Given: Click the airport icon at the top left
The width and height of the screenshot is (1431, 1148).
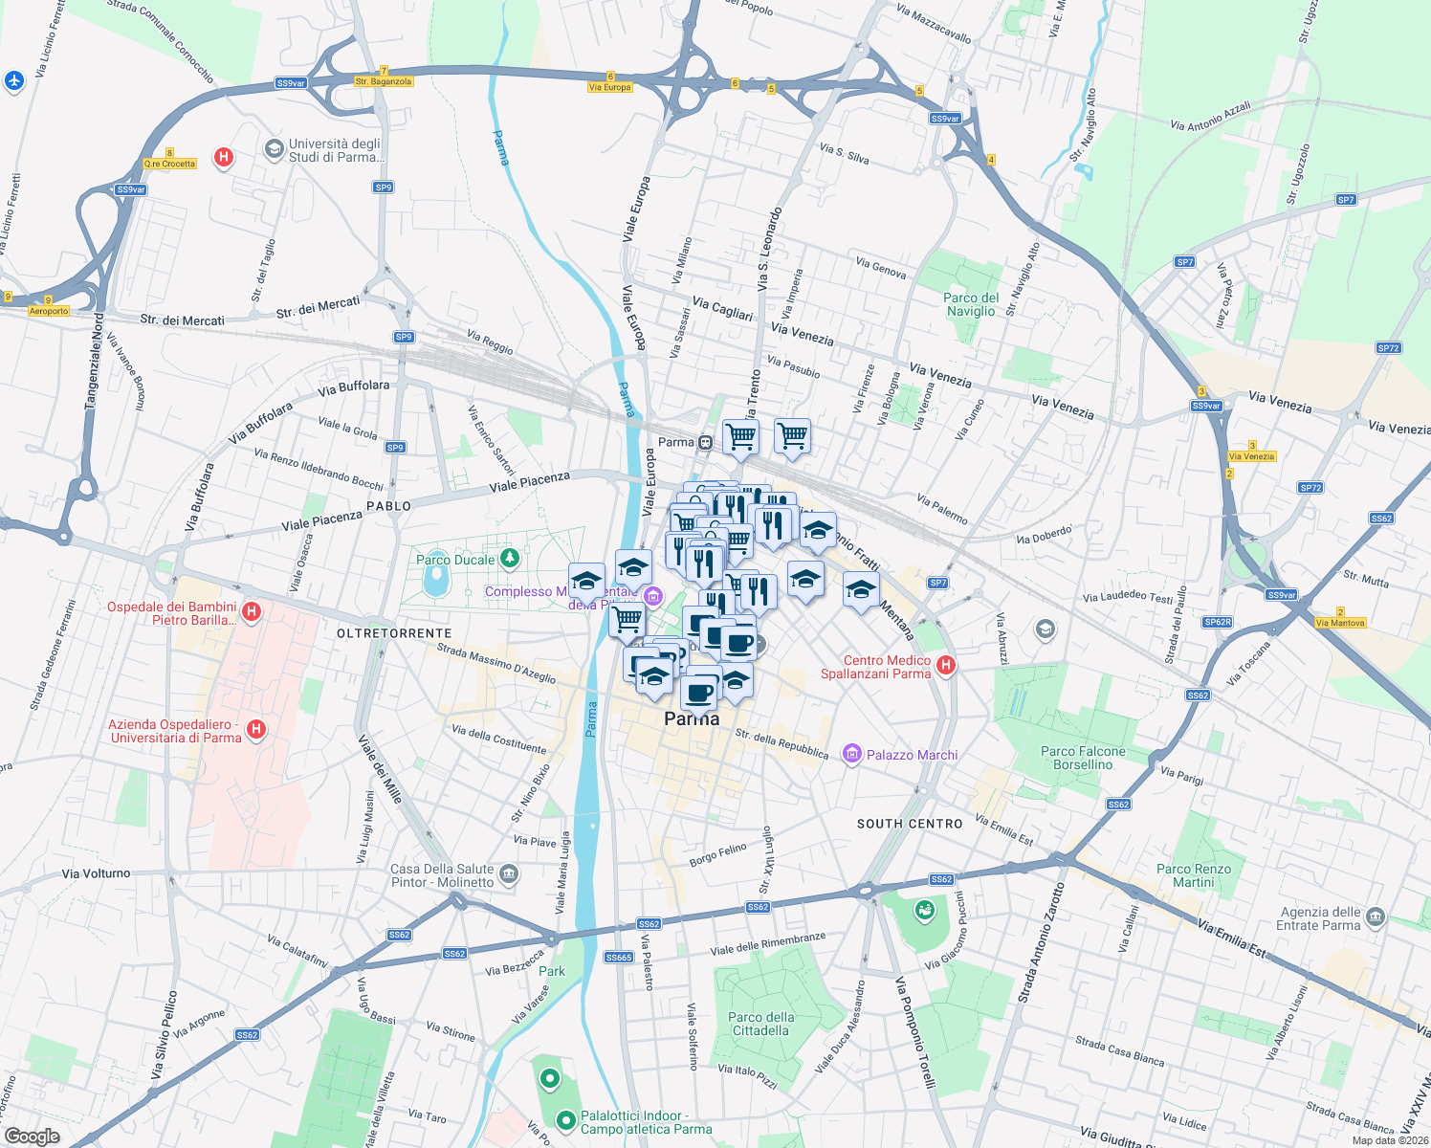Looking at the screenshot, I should click(x=13, y=81).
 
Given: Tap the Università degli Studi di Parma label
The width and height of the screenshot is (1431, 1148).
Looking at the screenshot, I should click(x=336, y=150).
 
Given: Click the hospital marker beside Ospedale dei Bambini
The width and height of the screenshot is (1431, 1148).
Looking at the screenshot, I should click(x=252, y=611).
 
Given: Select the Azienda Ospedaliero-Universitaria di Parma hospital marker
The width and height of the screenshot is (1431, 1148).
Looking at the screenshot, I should click(x=255, y=730).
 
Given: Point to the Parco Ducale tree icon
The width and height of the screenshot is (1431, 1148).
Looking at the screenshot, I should click(x=510, y=557).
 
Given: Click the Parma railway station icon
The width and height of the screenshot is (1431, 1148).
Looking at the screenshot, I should click(x=705, y=442).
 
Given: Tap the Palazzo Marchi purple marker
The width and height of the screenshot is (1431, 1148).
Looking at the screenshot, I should click(x=850, y=754).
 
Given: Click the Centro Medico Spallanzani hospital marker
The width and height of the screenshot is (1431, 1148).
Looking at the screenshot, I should click(x=946, y=665).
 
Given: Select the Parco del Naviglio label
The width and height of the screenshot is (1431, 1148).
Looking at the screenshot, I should click(x=971, y=304).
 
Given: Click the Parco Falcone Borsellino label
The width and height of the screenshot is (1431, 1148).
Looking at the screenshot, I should click(x=1083, y=758).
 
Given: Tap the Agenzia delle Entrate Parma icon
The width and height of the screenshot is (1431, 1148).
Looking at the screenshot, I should click(x=1376, y=916).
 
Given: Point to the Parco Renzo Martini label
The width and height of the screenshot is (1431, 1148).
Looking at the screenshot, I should click(x=1193, y=875).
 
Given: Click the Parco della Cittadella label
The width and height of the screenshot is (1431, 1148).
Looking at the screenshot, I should click(x=760, y=1024).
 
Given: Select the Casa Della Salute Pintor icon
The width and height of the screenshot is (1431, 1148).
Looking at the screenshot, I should click(x=509, y=873).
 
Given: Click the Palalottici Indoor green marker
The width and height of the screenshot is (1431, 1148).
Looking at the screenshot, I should click(x=565, y=1118).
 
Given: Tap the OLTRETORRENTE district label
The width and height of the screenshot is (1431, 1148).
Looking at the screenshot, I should click(x=394, y=633).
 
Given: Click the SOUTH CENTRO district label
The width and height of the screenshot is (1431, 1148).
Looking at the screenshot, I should click(x=909, y=824).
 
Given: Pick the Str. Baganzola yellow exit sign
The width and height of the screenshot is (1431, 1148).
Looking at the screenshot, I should click(x=383, y=81).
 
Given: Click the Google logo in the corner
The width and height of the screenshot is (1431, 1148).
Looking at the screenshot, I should click(x=32, y=1136).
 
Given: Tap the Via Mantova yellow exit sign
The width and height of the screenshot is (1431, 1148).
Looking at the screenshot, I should click(x=1340, y=623).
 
